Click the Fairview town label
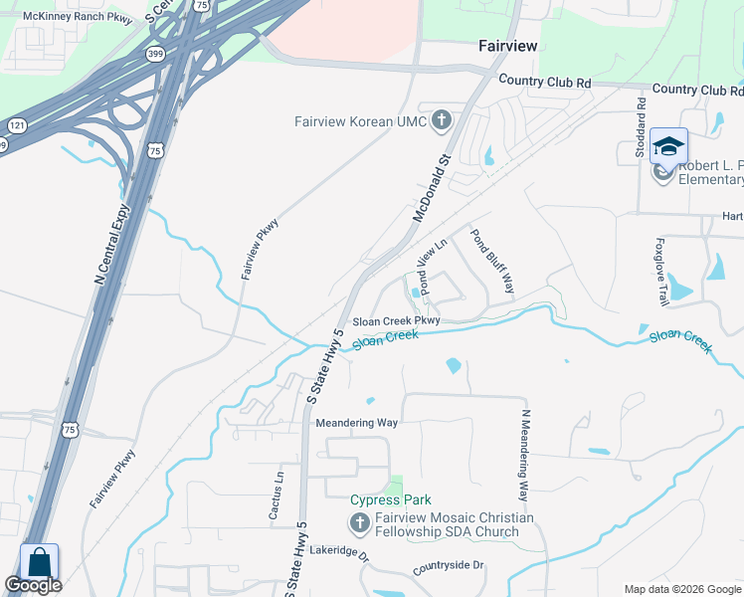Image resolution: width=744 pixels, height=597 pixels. click(x=507, y=47)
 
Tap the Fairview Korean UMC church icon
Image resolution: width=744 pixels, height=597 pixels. click(x=442, y=122)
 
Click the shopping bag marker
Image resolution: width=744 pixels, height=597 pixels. click(x=39, y=561)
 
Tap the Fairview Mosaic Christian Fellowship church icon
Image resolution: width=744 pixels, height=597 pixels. click(x=358, y=523)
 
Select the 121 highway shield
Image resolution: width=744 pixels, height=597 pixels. click(x=17, y=125)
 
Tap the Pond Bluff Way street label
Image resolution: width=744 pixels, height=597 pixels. click(x=492, y=262)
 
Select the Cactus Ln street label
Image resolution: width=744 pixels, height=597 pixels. click(x=277, y=495)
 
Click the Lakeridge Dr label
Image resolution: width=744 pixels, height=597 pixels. click(x=338, y=551)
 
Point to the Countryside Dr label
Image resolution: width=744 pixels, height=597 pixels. click(x=449, y=565)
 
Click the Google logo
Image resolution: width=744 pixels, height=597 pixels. click(x=33, y=585)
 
